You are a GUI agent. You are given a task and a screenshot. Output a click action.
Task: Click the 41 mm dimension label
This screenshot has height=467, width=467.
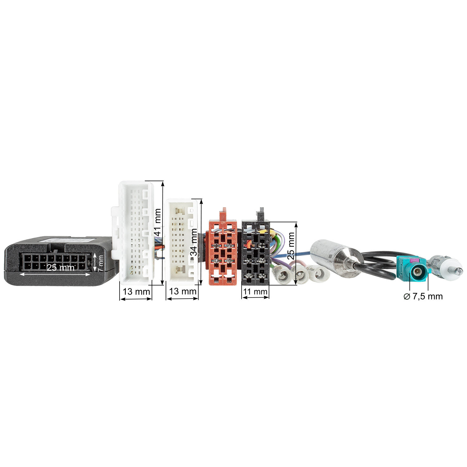click(x=158, y=222)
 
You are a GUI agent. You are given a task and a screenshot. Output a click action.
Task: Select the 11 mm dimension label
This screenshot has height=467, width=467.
click(x=255, y=292)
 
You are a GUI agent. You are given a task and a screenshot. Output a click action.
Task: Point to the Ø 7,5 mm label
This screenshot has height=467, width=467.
click(x=423, y=296)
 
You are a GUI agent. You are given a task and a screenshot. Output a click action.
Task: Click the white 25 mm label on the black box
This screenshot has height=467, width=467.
click(x=60, y=267)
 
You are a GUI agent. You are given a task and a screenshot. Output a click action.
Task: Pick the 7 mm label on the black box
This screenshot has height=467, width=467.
click(x=100, y=264)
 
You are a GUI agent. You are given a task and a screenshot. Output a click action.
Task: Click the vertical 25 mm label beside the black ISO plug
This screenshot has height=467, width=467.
click(x=290, y=246)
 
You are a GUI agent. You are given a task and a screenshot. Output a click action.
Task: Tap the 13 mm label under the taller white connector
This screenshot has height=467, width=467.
click(x=136, y=292)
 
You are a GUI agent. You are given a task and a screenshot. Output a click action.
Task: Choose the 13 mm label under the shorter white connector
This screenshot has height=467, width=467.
click(x=182, y=291)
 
